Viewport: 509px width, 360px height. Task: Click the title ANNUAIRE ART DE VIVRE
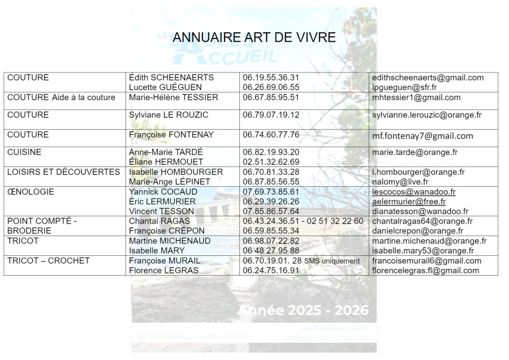click(x=254, y=37)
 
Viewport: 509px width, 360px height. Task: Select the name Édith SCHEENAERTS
click(x=171, y=78)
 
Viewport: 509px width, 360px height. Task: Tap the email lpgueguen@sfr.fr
click(x=404, y=88)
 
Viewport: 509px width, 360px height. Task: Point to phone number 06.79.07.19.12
click(x=271, y=115)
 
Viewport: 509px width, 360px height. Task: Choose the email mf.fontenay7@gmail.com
click(x=422, y=136)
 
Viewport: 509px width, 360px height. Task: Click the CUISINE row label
click(x=24, y=152)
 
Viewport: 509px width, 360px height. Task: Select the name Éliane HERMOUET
click(x=166, y=162)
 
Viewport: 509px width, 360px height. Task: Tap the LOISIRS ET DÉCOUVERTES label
click(x=63, y=172)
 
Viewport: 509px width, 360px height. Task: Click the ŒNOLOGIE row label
click(x=31, y=192)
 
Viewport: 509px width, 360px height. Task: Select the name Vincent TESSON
click(x=162, y=212)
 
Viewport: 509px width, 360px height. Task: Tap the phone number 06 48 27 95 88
click(x=271, y=251)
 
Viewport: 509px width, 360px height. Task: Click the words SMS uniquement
click(x=332, y=261)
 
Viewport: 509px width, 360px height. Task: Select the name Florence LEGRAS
click(x=163, y=271)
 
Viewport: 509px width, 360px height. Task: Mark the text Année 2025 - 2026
click(x=303, y=311)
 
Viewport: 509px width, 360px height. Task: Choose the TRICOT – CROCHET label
click(x=48, y=261)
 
